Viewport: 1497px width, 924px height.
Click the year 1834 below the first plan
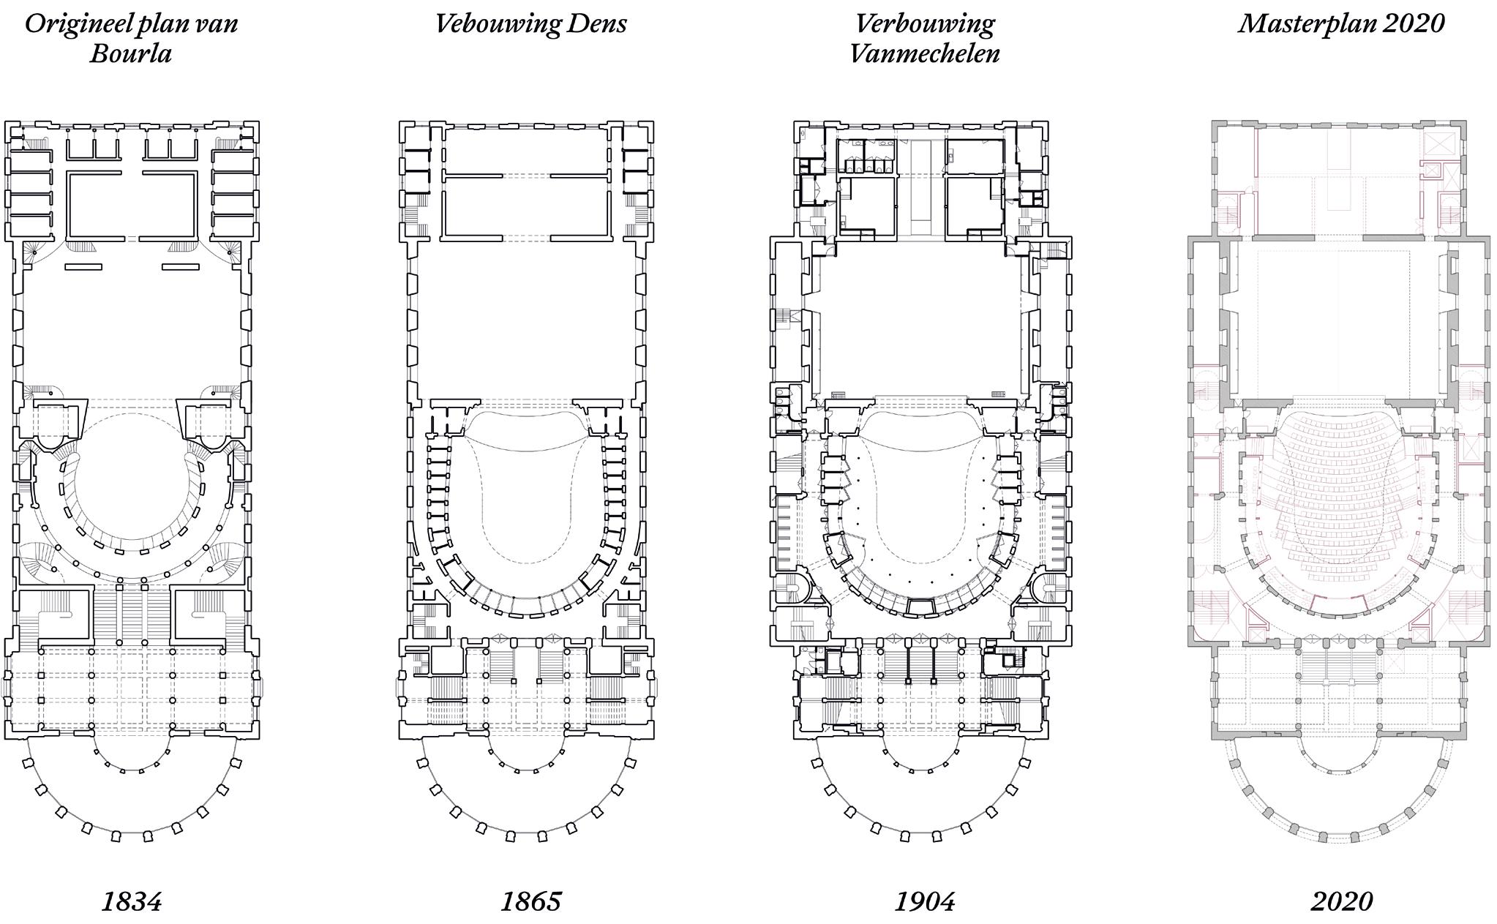(x=131, y=901)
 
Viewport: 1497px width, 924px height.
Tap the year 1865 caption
(x=530, y=901)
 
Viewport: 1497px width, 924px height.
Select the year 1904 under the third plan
(x=925, y=901)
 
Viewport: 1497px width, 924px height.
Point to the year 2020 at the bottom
(x=1341, y=901)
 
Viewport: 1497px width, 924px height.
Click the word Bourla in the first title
(x=131, y=53)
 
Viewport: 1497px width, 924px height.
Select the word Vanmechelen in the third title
(x=925, y=53)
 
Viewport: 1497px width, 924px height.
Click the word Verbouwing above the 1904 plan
(x=925, y=23)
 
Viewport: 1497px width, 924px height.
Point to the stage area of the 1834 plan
(x=132, y=329)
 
